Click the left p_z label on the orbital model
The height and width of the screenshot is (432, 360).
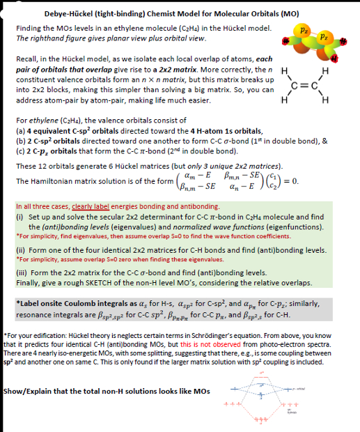point(304,31)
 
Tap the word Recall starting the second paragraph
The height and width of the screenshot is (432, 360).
point(27,61)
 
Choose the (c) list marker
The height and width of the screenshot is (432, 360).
point(20,151)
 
